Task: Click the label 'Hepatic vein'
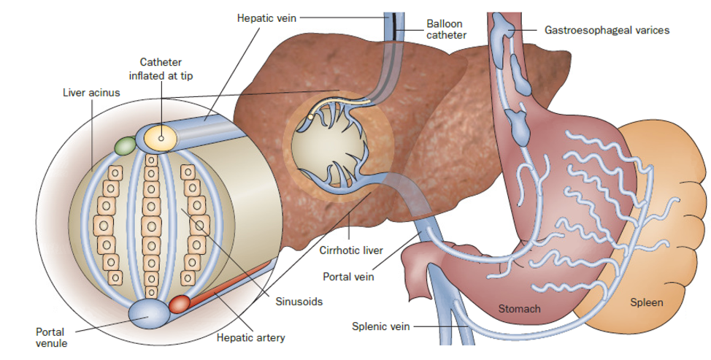point(266,18)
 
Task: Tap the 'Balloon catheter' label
point(447,29)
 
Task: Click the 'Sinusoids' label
point(300,301)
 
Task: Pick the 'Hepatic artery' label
point(250,338)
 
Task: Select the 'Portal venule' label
point(50,337)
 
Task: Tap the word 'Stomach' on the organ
point(519,309)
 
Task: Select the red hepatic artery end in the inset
point(180,304)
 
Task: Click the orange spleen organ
point(657,219)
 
